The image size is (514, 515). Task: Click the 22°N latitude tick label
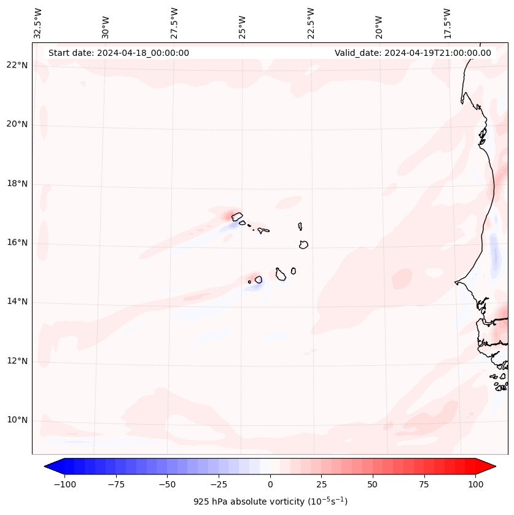coord(17,66)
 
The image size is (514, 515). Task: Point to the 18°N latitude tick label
coord(17,184)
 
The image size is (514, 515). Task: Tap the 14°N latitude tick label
coord(17,302)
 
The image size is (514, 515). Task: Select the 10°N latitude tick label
coord(17,420)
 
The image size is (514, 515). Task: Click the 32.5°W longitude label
coord(38,23)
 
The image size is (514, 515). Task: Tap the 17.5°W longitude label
coord(447,23)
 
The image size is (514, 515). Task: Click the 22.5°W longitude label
coord(311,23)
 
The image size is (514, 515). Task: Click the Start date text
coord(119,53)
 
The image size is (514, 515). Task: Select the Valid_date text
coord(413,53)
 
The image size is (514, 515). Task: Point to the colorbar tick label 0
coord(270,484)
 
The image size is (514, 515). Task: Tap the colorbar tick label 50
coord(372,484)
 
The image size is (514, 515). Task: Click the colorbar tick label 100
coord(475,484)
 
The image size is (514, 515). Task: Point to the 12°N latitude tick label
coord(17,361)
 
